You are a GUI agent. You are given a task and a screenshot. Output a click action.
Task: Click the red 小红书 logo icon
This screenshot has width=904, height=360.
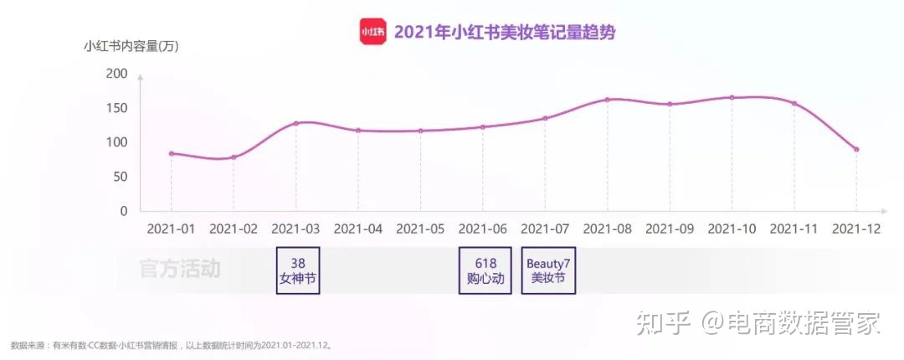[x=373, y=32]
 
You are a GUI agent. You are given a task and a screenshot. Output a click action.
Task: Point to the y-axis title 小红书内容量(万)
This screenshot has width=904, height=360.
[x=131, y=47]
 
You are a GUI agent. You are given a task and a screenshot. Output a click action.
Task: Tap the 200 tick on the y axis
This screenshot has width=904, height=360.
[x=117, y=74]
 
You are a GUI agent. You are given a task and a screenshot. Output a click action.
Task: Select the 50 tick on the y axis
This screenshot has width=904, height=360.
[x=121, y=177]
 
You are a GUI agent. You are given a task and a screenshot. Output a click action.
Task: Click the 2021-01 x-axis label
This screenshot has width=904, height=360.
[x=172, y=228]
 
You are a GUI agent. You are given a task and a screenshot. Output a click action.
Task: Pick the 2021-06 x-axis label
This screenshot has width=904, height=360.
[x=483, y=228]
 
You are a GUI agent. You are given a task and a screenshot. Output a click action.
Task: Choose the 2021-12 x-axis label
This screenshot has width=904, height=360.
[x=856, y=228]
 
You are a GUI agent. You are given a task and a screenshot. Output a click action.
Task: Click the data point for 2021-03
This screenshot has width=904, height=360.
[x=296, y=123]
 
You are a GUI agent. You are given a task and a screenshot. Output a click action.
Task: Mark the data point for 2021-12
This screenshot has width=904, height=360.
[x=856, y=149]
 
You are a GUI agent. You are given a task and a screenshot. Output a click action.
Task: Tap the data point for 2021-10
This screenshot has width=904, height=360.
[x=732, y=97]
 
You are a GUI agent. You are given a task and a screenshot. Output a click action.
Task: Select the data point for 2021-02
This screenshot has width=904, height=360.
[x=234, y=157]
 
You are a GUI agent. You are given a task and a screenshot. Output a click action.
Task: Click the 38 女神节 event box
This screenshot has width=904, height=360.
[x=298, y=270]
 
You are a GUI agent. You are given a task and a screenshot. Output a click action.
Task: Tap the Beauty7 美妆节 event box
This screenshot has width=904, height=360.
[x=548, y=270]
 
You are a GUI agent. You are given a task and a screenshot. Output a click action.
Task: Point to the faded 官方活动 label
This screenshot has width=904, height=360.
[x=179, y=269]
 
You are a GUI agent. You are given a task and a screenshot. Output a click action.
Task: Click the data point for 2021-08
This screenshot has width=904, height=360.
[x=608, y=100]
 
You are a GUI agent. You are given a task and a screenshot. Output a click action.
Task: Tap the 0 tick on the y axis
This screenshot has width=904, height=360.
[x=123, y=211]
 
